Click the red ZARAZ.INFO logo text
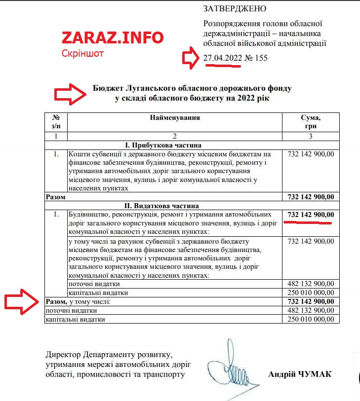coord(112,38)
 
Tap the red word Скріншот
coord(82,53)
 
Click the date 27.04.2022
coord(222,58)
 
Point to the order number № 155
coord(256,58)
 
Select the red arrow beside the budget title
coord(70,93)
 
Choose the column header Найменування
coord(174,118)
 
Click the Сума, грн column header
coord(310,122)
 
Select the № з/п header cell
coord(56,122)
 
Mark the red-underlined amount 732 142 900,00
coord(310,215)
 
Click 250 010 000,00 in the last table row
coord(310,319)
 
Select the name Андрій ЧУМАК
coord(300,374)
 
